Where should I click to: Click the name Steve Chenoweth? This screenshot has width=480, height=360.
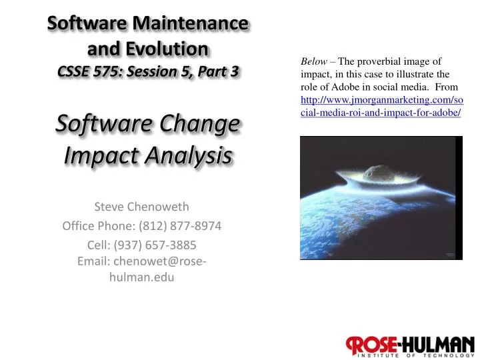click(141, 207)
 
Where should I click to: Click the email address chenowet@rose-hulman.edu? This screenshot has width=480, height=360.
click(141, 269)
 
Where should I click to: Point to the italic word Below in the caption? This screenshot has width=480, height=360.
click(313, 62)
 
